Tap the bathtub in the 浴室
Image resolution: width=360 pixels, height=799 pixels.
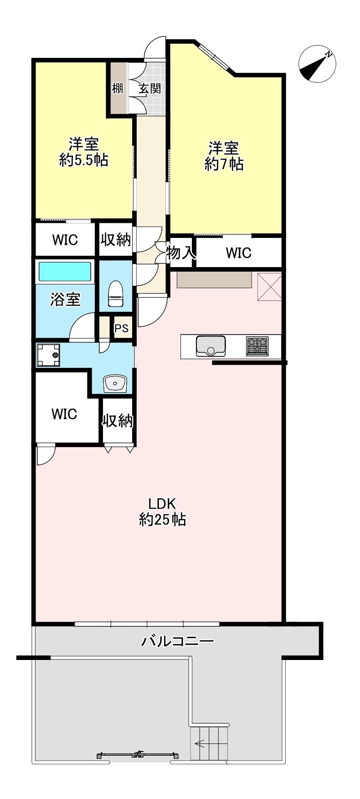coord(65,272)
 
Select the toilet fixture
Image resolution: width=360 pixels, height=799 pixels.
coord(115,294)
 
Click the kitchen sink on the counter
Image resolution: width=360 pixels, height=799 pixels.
coord(211,345)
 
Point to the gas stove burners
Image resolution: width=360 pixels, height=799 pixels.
coord(257,345)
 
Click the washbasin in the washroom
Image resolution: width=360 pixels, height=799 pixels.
coord(115,383)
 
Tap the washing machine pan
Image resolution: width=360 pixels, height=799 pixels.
coord(48,355)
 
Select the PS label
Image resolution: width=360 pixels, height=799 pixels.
coord(121,328)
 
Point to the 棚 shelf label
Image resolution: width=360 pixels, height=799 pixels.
coord(118,88)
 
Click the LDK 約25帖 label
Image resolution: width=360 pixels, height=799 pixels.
coord(162,511)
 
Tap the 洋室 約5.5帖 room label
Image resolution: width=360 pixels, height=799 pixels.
coord(84,152)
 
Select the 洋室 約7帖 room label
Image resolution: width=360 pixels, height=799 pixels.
coord(224,156)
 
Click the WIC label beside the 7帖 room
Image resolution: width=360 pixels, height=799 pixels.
coord(238,253)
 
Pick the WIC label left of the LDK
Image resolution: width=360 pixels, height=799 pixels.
coord(64,414)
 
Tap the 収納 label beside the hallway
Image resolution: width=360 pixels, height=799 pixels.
coord(116,239)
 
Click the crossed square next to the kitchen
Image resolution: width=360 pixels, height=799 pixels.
coord(270,287)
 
